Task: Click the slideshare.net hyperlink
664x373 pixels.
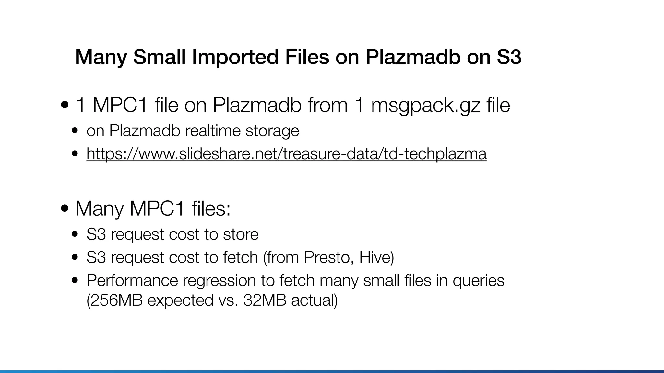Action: click(286, 154)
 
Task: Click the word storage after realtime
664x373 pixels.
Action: click(272, 131)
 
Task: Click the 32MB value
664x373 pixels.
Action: click(265, 300)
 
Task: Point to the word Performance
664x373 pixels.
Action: click(132, 280)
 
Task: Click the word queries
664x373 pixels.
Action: click(479, 280)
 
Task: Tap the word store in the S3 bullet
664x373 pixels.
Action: click(241, 234)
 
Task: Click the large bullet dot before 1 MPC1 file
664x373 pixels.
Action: click(65, 105)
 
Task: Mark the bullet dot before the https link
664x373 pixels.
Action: click(75, 154)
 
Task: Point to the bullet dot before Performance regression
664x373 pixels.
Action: click(75, 281)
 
